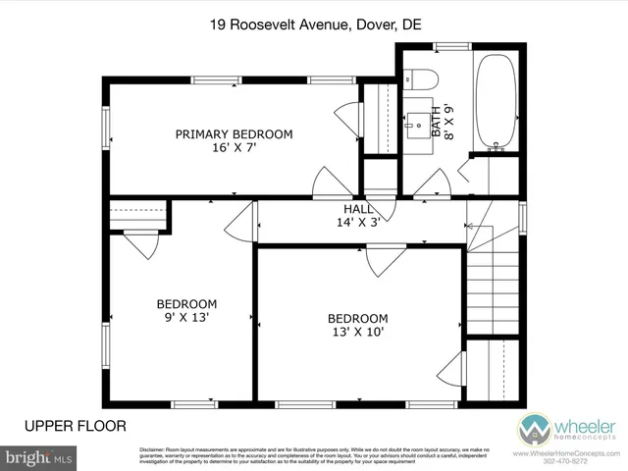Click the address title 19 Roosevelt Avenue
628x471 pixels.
(x=314, y=27)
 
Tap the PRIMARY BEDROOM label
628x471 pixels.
(x=234, y=134)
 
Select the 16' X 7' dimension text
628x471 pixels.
(x=234, y=149)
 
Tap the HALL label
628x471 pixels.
(x=357, y=209)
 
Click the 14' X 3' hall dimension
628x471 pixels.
(x=357, y=223)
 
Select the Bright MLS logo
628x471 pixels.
(x=39, y=457)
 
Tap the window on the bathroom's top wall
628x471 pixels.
(x=452, y=45)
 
